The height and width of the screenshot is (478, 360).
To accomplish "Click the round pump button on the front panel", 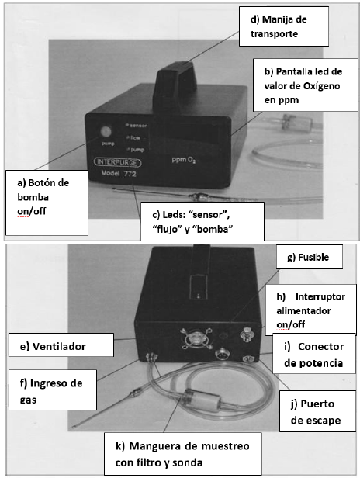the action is click(x=106, y=131).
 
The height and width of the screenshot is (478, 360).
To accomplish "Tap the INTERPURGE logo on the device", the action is click(x=118, y=162).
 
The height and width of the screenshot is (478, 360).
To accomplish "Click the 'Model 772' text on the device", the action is click(x=119, y=174).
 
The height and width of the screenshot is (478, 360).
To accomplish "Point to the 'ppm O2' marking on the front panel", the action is click(x=184, y=159).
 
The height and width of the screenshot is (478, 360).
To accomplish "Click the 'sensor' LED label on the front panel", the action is click(x=138, y=125).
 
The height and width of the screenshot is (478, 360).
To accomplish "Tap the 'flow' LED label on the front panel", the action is click(x=135, y=138).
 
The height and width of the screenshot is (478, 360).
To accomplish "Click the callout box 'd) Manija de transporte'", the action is click(x=283, y=26).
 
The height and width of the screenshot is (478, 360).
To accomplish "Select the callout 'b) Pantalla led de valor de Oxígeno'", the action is click(x=305, y=85).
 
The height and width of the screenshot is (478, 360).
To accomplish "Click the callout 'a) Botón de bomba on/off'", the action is click(x=47, y=203).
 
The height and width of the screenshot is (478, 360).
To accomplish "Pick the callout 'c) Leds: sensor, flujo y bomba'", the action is click(x=202, y=221).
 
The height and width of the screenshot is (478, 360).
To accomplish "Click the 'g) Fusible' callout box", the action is click(x=309, y=257).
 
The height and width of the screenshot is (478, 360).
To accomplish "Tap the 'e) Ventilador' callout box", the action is click(x=61, y=345).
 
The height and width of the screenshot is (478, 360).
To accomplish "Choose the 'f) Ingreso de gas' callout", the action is click(x=53, y=390).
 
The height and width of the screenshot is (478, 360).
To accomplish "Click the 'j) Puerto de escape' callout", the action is click(x=317, y=411).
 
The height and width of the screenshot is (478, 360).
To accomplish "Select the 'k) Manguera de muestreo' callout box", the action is click(x=183, y=454).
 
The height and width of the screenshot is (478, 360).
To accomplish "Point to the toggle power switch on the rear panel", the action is click(x=245, y=334).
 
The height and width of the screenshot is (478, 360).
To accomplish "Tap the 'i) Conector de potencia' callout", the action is click(x=314, y=354).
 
